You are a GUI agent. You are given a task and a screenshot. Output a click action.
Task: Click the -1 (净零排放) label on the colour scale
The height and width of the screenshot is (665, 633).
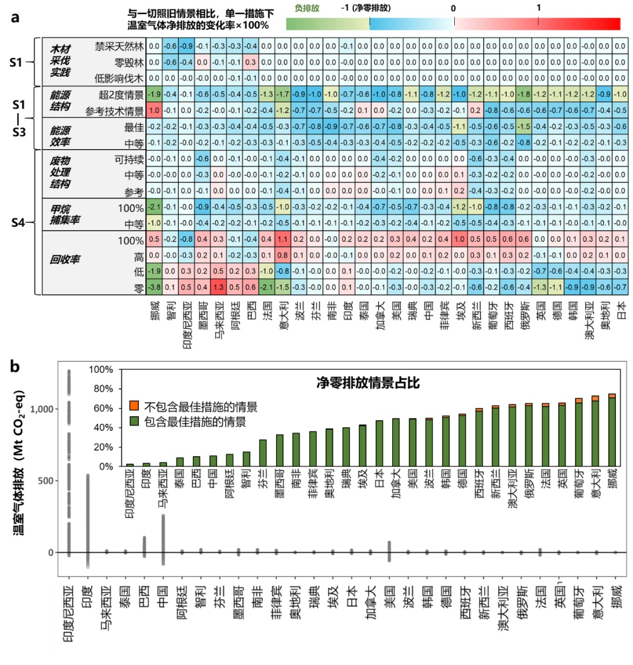click(366, 9)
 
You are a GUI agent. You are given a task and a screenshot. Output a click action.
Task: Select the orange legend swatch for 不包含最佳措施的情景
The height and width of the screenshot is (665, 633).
click(134, 406)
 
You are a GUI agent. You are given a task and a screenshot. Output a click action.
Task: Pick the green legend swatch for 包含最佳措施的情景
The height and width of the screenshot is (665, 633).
click(134, 421)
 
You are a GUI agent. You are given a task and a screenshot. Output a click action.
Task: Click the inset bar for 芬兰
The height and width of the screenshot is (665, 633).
click(263, 453)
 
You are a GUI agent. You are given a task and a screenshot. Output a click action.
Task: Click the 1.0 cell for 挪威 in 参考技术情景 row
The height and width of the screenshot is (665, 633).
click(154, 110)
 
